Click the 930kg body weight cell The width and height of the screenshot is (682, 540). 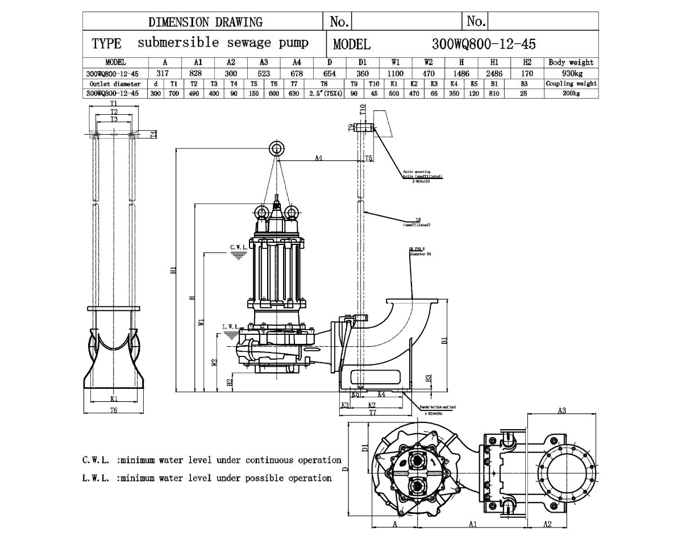click(571, 73)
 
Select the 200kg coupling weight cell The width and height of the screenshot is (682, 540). click(571, 94)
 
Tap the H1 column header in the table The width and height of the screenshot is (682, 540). click(494, 63)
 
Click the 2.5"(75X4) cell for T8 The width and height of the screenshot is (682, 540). click(324, 94)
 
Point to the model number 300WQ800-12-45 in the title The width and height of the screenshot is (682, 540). click(484, 44)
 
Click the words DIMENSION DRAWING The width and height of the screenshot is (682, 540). click(205, 22)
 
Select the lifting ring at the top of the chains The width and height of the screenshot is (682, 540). click(277, 148)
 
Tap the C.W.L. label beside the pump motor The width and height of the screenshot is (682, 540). click(239, 247)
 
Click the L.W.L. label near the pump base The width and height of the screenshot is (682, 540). click(231, 327)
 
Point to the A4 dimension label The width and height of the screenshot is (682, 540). click(318, 158)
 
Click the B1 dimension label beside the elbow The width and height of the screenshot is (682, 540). click(445, 340)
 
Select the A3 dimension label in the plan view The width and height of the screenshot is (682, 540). click(562, 410)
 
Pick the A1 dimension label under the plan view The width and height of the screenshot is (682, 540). click(473, 524)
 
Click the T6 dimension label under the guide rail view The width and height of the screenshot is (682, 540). click(114, 410)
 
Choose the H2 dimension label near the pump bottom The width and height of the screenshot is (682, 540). click(230, 382)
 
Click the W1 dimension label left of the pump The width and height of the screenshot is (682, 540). click(201, 322)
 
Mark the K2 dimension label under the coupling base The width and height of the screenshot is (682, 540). click(372, 405)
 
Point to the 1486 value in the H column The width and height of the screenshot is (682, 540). click(461, 73)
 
